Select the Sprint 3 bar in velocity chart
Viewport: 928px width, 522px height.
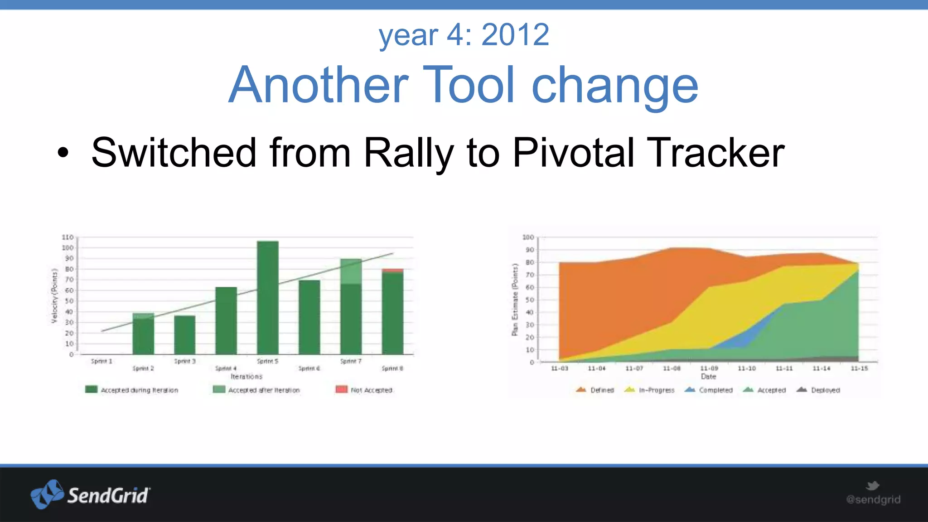tap(184, 335)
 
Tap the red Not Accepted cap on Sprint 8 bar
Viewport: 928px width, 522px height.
tap(392, 271)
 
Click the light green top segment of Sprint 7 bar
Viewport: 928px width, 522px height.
tap(351, 271)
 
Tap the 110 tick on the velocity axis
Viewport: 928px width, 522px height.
tap(68, 237)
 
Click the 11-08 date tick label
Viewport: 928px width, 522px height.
tap(672, 368)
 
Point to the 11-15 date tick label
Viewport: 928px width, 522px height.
tap(859, 368)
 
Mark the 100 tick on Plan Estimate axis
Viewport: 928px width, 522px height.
tap(528, 237)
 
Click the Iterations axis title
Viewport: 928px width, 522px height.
tap(246, 377)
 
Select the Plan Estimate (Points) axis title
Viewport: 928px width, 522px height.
tap(514, 300)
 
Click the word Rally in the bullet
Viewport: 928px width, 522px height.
tap(408, 153)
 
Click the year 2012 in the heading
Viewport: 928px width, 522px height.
tap(515, 34)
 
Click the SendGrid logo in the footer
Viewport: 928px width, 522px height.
tap(90, 494)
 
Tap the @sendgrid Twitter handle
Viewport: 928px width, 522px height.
tap(873, 499)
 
